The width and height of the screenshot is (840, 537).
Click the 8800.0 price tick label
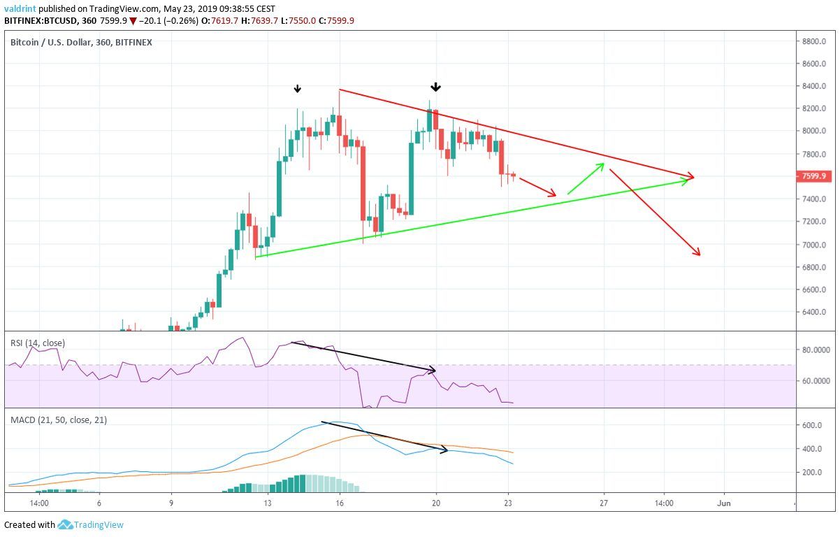[813, 41]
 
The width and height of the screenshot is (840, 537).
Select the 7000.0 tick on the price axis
[813, 245]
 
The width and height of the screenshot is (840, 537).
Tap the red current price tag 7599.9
[813, 176]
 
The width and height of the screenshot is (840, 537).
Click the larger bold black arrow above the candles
[436, 87]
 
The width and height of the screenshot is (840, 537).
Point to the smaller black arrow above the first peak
[298, 89]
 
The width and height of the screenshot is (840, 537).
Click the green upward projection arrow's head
[602, 165]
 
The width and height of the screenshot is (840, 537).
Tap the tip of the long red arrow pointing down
[698, 254]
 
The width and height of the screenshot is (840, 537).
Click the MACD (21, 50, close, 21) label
[58, 420]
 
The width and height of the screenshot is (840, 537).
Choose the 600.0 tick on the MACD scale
[811, 426]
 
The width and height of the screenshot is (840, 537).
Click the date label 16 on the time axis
[340, 503]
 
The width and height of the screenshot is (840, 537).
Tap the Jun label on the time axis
[725, 503]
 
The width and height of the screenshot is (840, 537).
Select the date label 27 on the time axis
[604, 503]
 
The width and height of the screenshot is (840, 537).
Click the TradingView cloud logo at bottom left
[66, 524]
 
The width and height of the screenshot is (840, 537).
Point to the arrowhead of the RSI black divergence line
[433, 370]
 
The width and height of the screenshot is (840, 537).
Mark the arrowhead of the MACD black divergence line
[445, 451]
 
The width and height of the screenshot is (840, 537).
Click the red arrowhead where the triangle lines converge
[692, 177]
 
